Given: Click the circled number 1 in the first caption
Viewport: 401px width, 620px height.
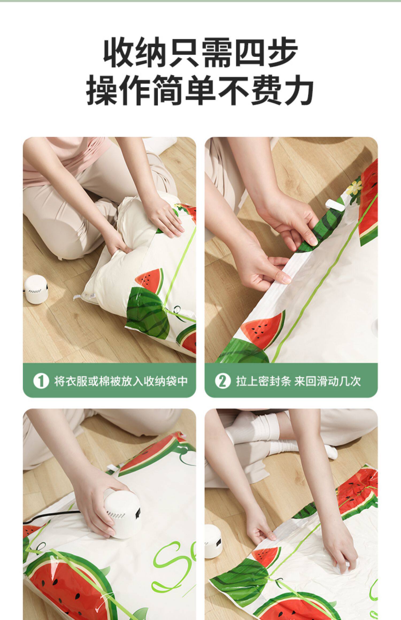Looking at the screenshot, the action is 41,381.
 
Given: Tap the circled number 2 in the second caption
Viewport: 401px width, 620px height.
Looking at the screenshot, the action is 223,381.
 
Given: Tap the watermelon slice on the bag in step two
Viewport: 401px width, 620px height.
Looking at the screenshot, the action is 263,330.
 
